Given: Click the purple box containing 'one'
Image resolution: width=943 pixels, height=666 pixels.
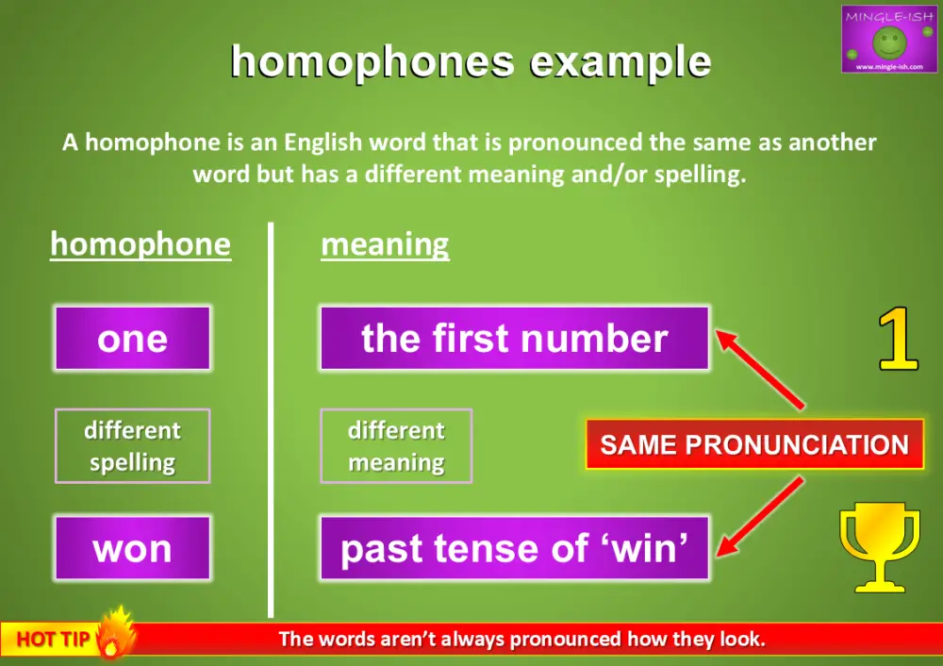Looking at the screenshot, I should pyautogui.click(x=132, y=339).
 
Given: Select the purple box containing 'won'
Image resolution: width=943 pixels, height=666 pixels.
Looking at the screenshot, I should pyautogui.click(x=132, y=548).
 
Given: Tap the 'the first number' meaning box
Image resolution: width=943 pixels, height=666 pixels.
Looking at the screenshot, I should pyautogui.click(x=514, y=339).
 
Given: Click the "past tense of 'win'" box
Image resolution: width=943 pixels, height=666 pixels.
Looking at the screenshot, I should pyautogui.click(x=514, y=548).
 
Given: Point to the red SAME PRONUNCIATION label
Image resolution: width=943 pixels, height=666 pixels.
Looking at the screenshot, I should pyautogui.click(x=754, y=445).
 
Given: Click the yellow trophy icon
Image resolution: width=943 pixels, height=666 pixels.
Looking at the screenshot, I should pyautogui.click(x=879, y=545).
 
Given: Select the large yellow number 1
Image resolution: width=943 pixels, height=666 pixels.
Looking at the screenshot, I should pyautogui.click(x=898, y=340).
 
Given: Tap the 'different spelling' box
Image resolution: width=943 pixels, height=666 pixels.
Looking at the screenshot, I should pyautogui.click(x=132, y=446).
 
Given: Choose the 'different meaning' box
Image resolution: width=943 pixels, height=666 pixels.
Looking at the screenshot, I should pyautogui.click(x=396, y=446).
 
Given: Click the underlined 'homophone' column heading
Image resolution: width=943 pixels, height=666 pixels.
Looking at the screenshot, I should pyautogui.click(x=141, y=245).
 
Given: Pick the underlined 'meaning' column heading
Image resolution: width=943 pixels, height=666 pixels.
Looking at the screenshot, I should pyautogui.click(x=385, y=245).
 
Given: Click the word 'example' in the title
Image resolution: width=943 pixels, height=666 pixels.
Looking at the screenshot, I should pyautogui.click(x=620, y=62).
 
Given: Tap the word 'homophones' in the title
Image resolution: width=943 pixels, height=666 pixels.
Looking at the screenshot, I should pyautogui.click(x=372, y=62).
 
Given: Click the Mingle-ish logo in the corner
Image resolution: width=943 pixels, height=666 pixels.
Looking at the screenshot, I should pyautogui.click(x=888, y=40).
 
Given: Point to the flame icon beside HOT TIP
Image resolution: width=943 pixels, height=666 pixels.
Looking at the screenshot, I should pyautogui.click(x=116, y=633).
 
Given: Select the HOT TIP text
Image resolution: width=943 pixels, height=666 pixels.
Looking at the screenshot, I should pyautogui.click(x=53, y=640).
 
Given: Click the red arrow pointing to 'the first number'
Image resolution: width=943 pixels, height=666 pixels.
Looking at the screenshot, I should pyautogui.click(x=760, y=368).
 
